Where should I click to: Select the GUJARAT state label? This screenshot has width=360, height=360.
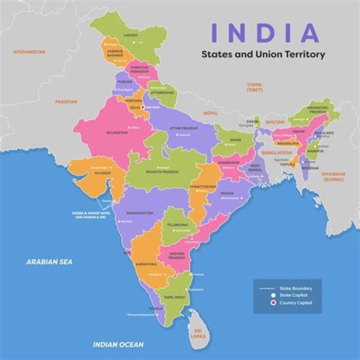(97, 173)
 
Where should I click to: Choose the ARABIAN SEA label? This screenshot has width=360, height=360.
(49, 261)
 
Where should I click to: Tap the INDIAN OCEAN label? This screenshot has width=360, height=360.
(118, 344)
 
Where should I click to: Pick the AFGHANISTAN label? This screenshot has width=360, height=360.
(29, 51)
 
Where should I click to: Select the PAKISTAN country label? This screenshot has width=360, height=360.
(66, 101)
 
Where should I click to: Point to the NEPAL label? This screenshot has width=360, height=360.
(210, 113)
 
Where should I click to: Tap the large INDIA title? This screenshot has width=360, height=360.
(265, 32)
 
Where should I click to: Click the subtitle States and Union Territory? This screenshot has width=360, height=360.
(263, 54)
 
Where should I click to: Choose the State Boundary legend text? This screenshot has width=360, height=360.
(295, 288)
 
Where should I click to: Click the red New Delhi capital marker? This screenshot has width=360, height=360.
(143, 107)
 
